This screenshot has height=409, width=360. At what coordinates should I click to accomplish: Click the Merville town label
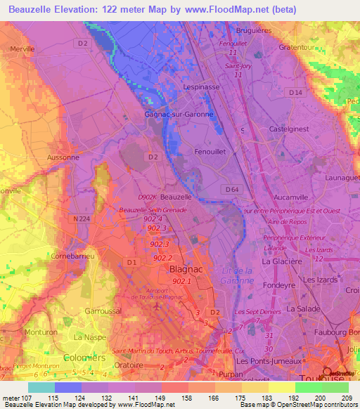click(x=22, y=49)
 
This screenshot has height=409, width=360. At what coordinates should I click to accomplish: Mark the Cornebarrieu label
click(x=74, y=257)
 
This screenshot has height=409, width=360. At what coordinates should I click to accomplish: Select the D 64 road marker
click(x=231, y=189)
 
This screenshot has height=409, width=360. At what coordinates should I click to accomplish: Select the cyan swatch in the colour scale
click(x=41, y=387)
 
